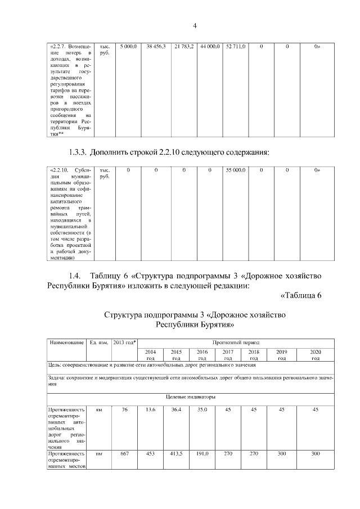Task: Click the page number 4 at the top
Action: (x=195, y=25)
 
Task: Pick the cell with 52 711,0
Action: (x=235, y=47)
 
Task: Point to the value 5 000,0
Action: (x=128, y=47)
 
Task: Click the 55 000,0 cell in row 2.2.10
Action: (x=235, y=169)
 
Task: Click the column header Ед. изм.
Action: (x=98, y=343)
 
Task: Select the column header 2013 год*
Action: (x=124, y=343)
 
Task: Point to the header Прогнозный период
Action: (x=236, y=342)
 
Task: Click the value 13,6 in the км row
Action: (x=150, y=409)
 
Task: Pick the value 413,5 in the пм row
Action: (x=176, y=453)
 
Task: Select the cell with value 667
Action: (x=124, y=453)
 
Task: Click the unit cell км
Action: (x=98, y=409)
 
